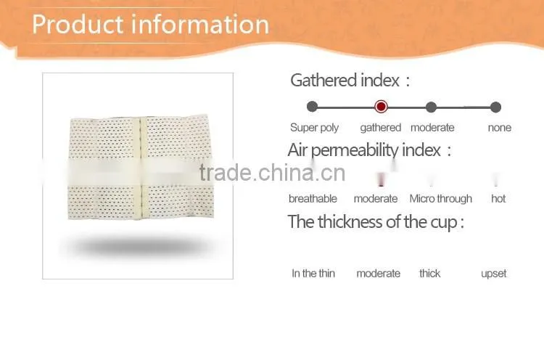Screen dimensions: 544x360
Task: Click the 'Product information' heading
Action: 150,24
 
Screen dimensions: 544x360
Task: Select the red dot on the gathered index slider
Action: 381,107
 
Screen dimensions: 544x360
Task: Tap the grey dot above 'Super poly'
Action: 312,107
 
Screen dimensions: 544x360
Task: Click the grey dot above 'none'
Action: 496,107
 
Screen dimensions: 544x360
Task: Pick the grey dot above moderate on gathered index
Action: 431,107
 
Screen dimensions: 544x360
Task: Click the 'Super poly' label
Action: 314,128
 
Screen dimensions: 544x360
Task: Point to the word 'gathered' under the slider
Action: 381,128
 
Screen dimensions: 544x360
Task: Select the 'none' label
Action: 499,128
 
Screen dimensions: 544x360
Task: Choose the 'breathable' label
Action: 313,199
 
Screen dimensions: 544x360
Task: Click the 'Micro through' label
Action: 440,199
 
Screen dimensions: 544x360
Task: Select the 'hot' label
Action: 498,199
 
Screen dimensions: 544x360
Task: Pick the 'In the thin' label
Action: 313,274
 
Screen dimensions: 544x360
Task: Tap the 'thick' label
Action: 429,274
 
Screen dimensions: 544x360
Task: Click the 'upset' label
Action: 493,274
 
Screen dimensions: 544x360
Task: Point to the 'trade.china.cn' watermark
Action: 272,173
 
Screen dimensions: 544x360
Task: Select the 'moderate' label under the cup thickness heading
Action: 378,274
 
